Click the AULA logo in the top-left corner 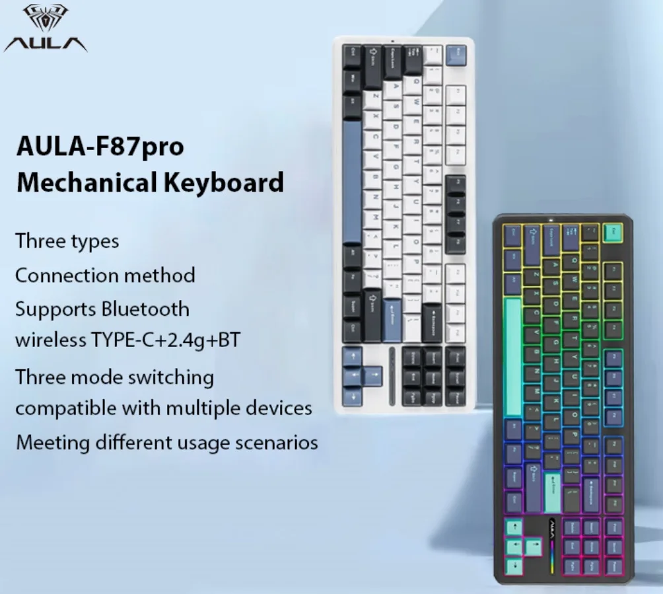point(45,29)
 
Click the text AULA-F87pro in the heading point(100,146)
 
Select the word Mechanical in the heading point(82,182)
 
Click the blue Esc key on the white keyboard point(455,53)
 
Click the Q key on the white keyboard point(414,83)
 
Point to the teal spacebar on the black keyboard point(513,357)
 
